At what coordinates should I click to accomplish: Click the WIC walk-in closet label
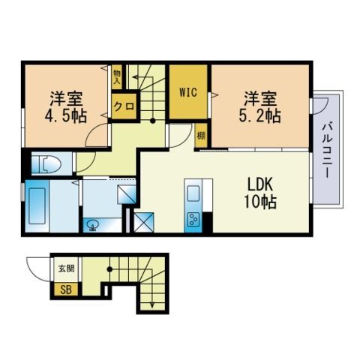click(x=188, y=93)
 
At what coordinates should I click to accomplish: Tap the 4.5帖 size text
click(x=66, y=116)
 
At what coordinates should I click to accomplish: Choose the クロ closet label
click(x=124, y=106)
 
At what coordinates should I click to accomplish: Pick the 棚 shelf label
click(x=201, y=135)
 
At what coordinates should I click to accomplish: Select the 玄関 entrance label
click(x=63, y=268)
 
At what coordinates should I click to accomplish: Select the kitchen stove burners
click(x=192, y=219)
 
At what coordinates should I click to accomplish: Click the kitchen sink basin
click(x=192, y=193)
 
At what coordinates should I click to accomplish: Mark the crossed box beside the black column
click(x=142, y=223)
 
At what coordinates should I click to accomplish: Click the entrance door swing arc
click(x=37, y=267)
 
